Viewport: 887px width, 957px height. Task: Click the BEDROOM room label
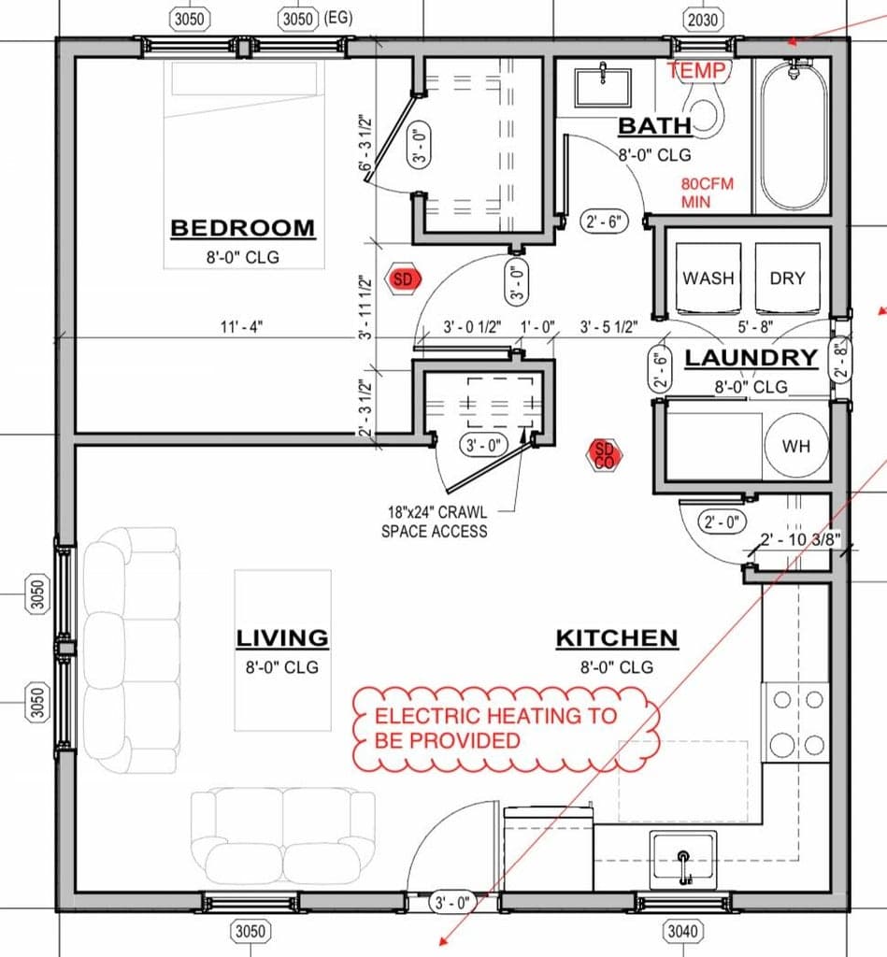(242, 228)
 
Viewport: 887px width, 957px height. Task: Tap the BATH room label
(655, 126)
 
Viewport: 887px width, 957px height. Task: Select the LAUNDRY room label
(751, 358)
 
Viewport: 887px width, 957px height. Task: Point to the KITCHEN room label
(617, 638)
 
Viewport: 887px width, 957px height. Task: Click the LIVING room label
(282, 638)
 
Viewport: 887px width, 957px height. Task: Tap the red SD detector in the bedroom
(403, 279)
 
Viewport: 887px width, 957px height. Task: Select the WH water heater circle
(796, 446)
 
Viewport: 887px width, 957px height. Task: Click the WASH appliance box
(708, 279)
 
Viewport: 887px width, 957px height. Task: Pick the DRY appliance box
(787, 279)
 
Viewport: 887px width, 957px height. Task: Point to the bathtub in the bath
(794, 135)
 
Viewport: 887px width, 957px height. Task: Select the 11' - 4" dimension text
(242, 327)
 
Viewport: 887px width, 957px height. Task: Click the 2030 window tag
(702, 21)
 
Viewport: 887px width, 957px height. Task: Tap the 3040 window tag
(682, 931)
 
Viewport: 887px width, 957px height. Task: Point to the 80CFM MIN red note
(707, 193)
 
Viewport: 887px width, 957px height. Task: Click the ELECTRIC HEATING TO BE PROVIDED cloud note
(507, 727)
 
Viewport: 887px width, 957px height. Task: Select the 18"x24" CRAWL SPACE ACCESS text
(435, 521)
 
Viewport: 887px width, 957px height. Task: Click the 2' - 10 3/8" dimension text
(800, 539)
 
